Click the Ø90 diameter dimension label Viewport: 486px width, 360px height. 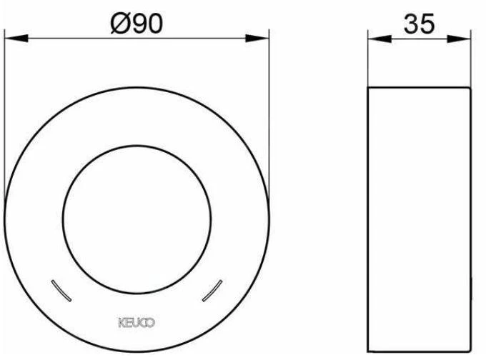pyautogui.click(x=137, y=24)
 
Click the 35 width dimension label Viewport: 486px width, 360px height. pyautogui.click(x=419, y=24)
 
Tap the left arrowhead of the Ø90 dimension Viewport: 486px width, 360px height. pyautogui.click(x=16, y=39)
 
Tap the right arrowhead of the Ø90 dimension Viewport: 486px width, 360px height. pyautogui.click(x=257, y=39)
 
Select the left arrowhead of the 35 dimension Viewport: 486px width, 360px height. pyautogui.click(x=380, y=39)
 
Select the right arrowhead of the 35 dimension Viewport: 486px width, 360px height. pyautogui.click(x=459, y=39)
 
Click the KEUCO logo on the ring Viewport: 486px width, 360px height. pyautogui.click(x=137, y=323)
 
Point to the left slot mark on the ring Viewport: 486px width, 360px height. pyautogui.click(x=61, y=291)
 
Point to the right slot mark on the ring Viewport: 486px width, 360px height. pyautogui.click(x=212, y=291)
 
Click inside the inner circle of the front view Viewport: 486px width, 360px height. pyautogui.click(x=137, y=219)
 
